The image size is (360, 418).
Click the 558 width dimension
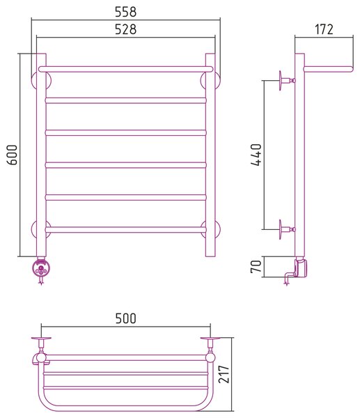coord(125,12)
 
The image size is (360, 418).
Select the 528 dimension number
coord(125,29)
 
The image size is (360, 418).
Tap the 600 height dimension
coord(12,155)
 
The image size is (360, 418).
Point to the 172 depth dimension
coord(324,29)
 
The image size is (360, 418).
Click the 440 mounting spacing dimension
coord(256,155)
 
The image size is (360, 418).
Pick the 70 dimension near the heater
coord(256,267)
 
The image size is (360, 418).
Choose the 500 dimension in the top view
coord(125,318)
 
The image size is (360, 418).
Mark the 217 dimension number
coord(224,374)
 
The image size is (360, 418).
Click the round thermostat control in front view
coord(41,268)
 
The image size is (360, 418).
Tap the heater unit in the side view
coord(302,268)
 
